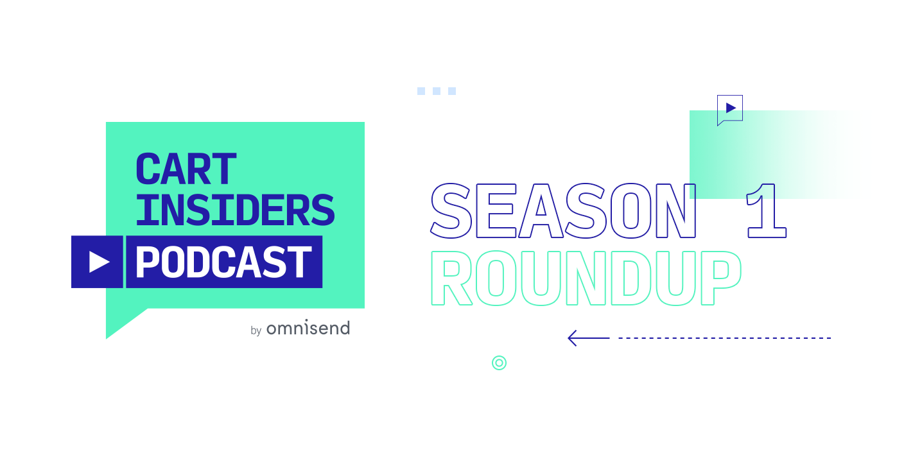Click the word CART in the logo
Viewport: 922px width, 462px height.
pos(186,169)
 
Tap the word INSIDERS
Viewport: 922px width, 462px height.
pos(235,210)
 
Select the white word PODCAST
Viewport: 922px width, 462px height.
pos(223,262)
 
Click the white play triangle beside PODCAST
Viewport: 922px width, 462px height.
pos(99,262)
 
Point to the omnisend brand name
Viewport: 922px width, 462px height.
pos(308,328)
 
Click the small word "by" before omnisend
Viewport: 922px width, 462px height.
pos(256,330)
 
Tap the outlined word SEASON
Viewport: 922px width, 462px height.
pos(563,210)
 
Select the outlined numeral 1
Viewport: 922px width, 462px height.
pos(767,210)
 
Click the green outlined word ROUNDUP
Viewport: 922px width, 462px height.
pos(586,278)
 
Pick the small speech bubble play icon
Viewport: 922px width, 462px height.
pos(730,108)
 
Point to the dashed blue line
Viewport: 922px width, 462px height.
pos(725,338)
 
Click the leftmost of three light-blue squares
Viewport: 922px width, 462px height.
pos(421,91)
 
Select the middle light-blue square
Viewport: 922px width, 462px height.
pos(437,91)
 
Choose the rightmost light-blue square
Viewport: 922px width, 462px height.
pos(452,91)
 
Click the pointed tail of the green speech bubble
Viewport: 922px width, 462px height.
pos(107,338)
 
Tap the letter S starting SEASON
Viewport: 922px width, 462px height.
pos(451,210)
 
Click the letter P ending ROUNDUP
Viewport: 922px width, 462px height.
pos(721,278)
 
